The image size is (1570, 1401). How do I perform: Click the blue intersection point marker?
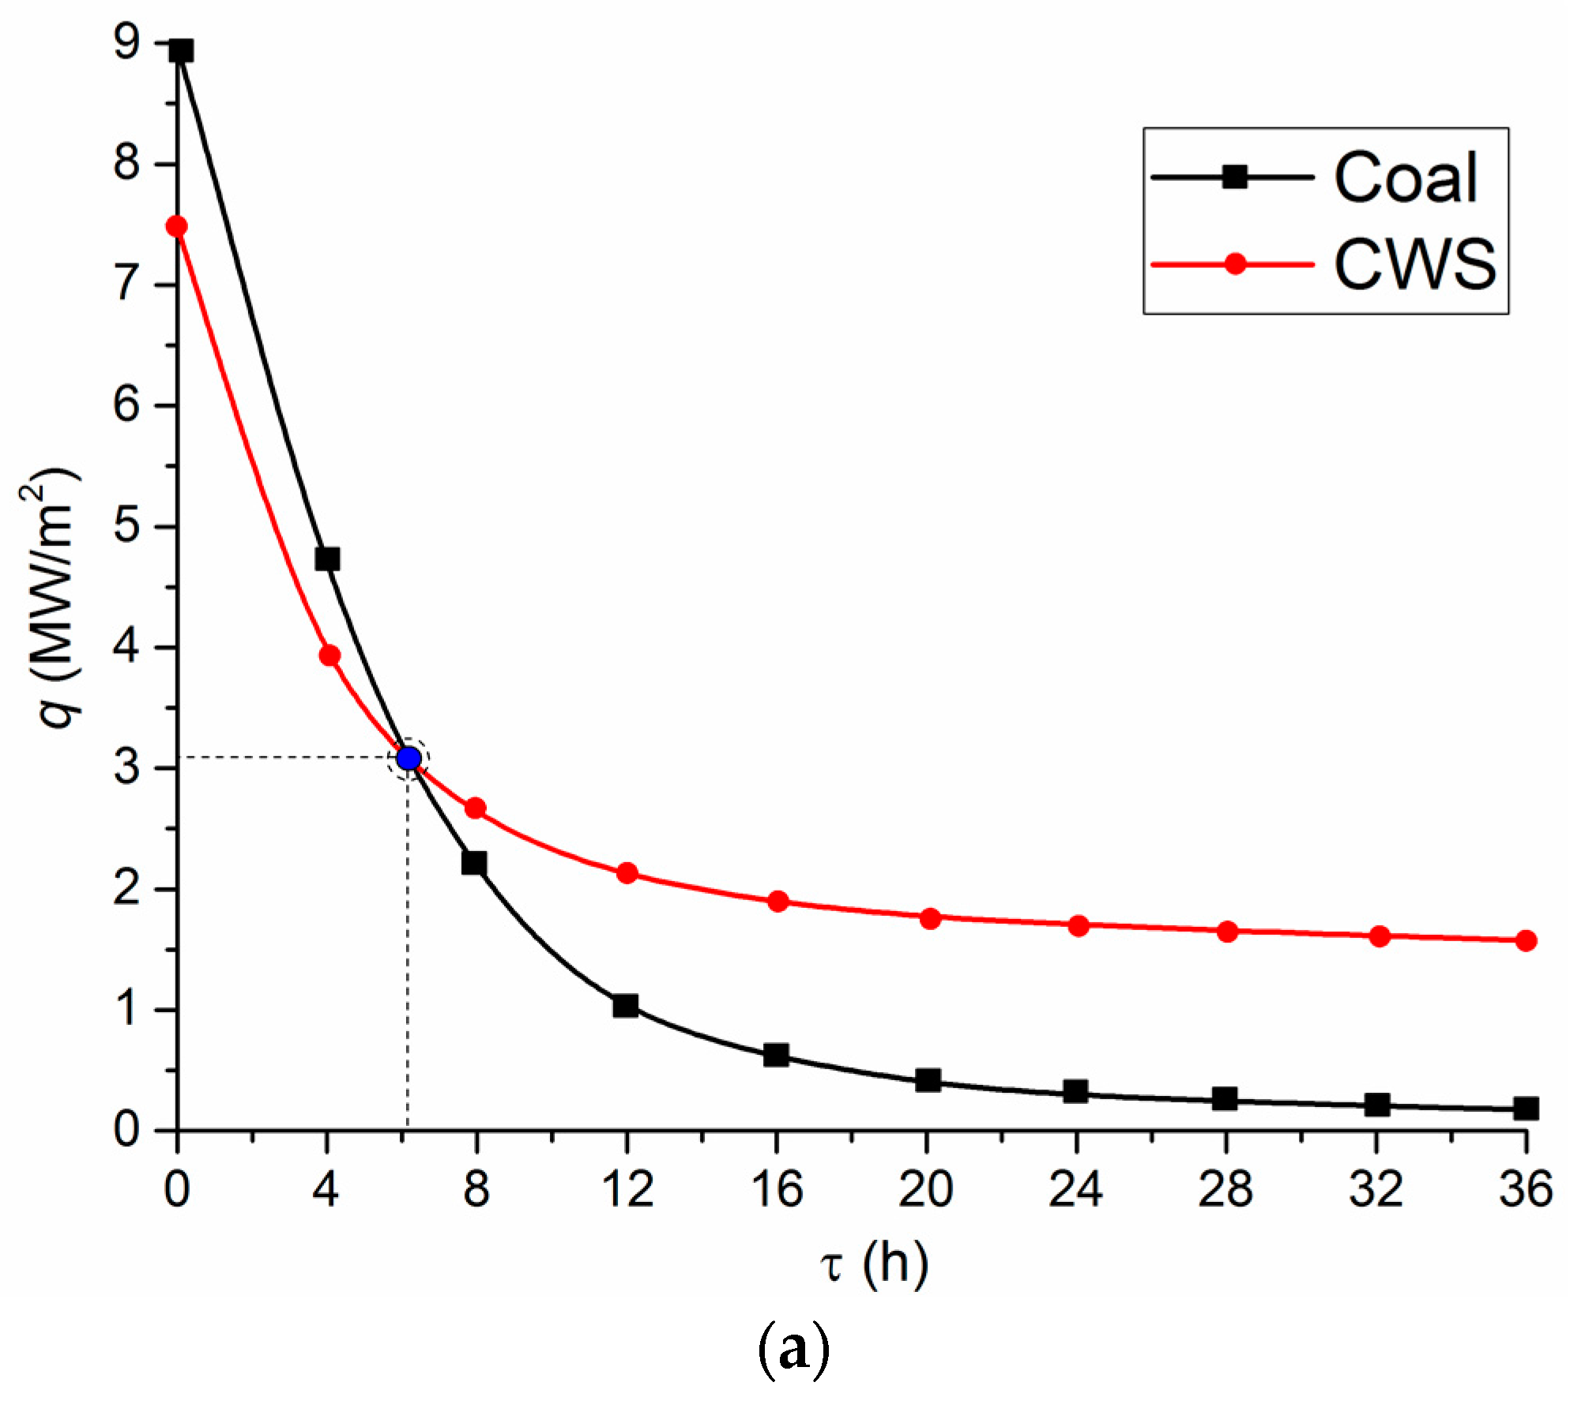pyautogui.click(x=408, y=759)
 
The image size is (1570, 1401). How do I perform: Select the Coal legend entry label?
pyautogui.click(x=1406, y=178)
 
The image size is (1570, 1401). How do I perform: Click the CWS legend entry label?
pyautogui.click(x=1414, y=264)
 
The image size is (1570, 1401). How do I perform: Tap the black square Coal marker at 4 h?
pyautogui.click(x=327, y=559)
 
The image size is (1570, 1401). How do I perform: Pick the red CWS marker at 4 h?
pyautogui.click(x=329, y=655)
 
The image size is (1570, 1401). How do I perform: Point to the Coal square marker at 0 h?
pyautogui.click(x=181, y=51)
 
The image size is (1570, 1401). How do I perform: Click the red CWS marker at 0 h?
pyautogui.click(x=176, y=227)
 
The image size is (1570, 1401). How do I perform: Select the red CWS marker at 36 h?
pyautogui.click(x=1526, y=940)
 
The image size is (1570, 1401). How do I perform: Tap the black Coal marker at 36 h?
pyautogui.click(x=1526, y=1109)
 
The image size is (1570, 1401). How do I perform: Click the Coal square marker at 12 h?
pyautogui.click(x=625, y=1006)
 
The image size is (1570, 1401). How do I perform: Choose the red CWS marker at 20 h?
pyautogui.click(x=930, y=918)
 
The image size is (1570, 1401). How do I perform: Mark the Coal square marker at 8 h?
pyautogui.click(x=473, y=862)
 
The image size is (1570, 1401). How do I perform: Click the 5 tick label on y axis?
pyautogui.click(x=126, y=525)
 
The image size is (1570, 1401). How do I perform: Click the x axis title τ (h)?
pyautogui.click(x=873, y=1264)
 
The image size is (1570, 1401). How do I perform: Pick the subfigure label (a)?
pyautogui.click(x=793, y=1350)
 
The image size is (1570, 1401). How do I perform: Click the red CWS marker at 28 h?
pyautogui.click(x=1227, y=932)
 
